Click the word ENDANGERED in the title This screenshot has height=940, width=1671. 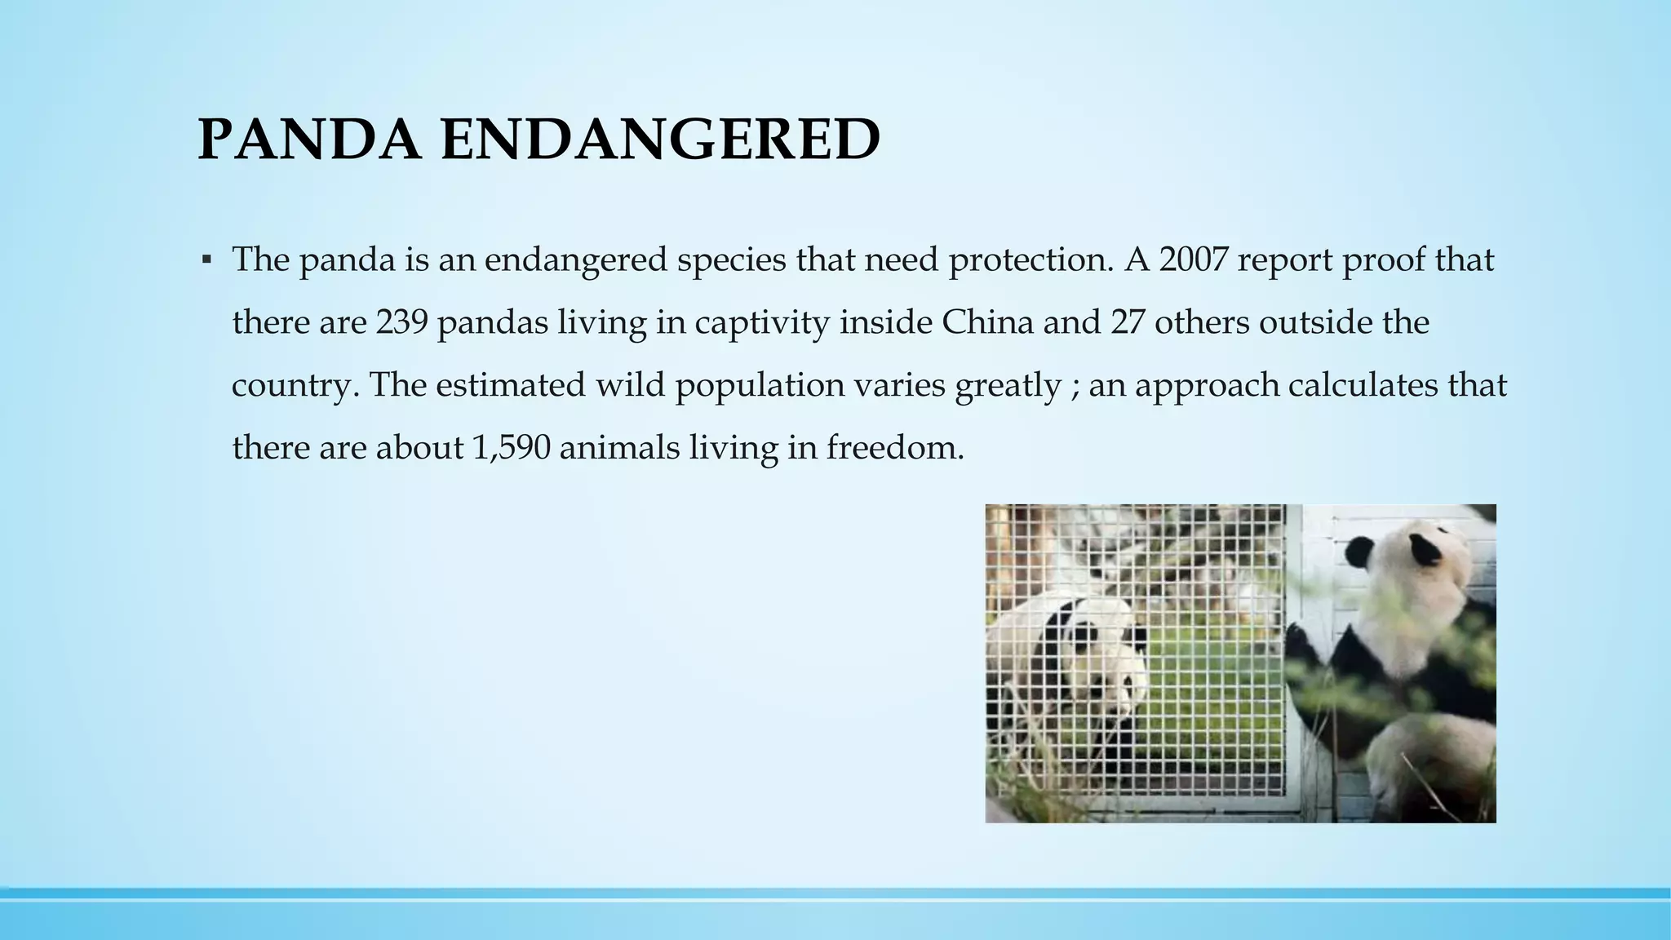coord(661,140)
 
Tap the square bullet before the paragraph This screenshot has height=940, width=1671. coord(206,260)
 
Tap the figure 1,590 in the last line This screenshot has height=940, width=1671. coord(511,447)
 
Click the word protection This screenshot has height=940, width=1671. coord(1029,260)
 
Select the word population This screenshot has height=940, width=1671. coord(759,386)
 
